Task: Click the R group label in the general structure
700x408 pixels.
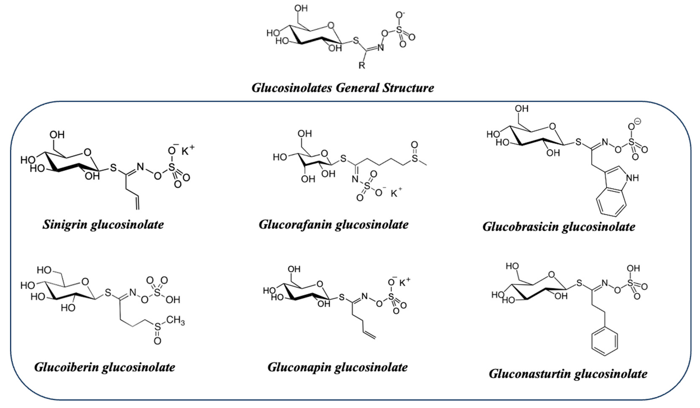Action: pyautogui.click(x=362, y=66)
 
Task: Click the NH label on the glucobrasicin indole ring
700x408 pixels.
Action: pyautogui.click(x=633, y=178)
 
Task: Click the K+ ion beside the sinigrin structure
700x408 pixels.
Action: pyautogui.click(x=188, y=151)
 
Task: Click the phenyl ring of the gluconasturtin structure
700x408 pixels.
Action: pyautogui.click(x=604, y=342)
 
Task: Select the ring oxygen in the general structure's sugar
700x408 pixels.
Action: pyautogui.click(x=331, y=26)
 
